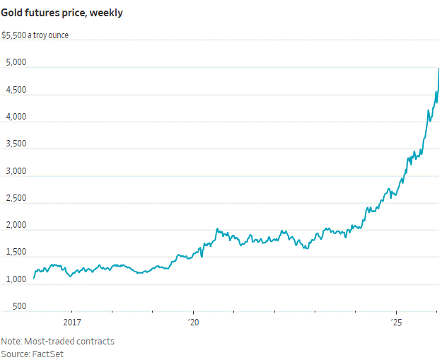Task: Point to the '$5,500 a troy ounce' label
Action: pos(35,35)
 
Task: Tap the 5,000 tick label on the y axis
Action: pos(15,62)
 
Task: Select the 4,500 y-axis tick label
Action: pos(15,90)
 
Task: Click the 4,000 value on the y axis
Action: pos(15,117)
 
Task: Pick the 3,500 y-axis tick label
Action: pos(15,144)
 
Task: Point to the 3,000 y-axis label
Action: pos(15,171)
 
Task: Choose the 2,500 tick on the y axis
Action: pos(15,198)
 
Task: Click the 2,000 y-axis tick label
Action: pos(15,226)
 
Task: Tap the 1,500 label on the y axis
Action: pos(15,252)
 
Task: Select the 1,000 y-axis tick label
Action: pos(15,279)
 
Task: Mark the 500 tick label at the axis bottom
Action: pos(19,306)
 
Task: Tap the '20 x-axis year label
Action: pos(193,323)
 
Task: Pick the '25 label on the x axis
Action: pos(397,323)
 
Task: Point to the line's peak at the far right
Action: pos(439,68)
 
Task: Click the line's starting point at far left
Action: pos(34,278)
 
